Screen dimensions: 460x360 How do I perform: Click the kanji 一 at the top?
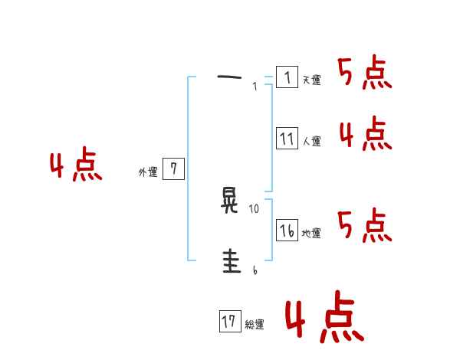229,77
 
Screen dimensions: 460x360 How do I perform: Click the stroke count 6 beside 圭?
255,269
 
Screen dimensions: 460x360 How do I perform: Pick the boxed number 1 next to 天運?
287,77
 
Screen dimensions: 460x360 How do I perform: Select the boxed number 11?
287,139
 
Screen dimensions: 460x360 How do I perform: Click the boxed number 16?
287,231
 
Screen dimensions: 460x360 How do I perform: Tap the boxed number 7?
173,169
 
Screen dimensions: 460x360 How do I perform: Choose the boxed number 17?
229,322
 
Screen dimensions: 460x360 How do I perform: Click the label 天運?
311,80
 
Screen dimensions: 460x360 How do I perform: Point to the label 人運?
311,142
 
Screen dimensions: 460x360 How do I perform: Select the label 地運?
311,234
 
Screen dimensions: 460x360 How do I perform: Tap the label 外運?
148,172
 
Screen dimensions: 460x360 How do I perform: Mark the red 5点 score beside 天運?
365,74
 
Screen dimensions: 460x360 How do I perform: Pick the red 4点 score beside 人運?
365,135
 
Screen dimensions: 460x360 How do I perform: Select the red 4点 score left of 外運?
76,166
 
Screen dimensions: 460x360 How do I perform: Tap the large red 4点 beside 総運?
324,319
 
